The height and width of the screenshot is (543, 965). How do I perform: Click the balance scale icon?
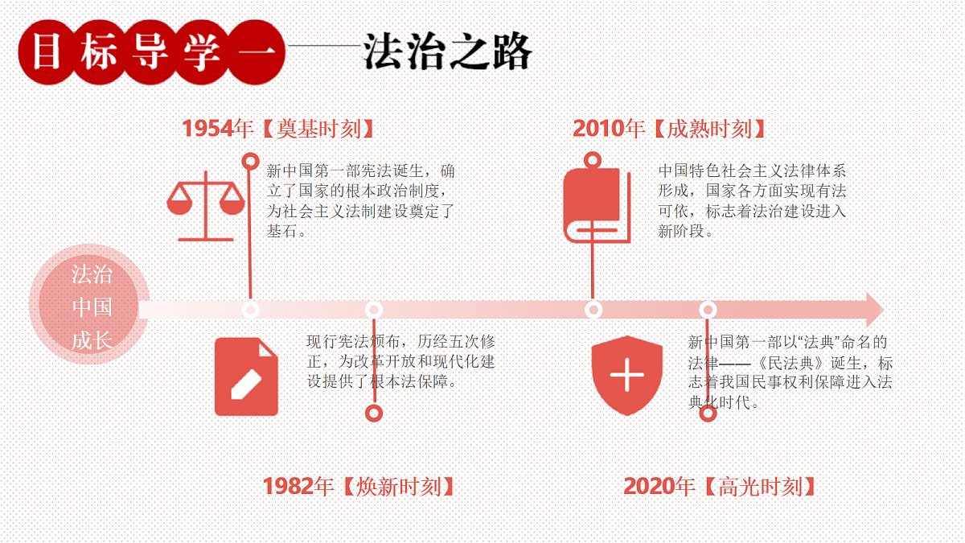click(206, 206)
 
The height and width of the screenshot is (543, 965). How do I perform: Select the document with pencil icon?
click(246, 376)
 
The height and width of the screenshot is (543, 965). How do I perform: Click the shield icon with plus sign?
click(626, 376)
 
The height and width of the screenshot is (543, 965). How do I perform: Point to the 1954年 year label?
click(218, 129)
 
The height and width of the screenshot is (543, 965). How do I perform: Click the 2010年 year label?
click(609, 129)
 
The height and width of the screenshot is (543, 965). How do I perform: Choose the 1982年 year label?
click(298, 486)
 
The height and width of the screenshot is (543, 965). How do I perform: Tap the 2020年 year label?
click(659, 486)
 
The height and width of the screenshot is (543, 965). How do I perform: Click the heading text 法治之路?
click(448, 51)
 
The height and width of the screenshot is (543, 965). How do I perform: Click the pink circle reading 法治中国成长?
click(89, 304)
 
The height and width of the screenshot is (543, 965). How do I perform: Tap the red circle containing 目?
click(47, 51)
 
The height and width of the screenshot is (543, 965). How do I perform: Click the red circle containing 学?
click(202, 51)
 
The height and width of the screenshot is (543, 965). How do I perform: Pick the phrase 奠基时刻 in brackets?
click(318, 129)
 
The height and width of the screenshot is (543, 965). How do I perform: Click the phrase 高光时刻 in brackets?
click(761, 487)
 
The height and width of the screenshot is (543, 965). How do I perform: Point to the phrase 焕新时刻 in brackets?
click(399, 487)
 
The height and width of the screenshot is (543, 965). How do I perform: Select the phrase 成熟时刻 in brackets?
click(710, 129)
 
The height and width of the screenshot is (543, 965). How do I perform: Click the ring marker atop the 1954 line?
click(250, 162)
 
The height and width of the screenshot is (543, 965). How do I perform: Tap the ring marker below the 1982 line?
click(374, 413)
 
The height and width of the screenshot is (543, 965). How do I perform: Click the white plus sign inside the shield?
click(626, 375)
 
